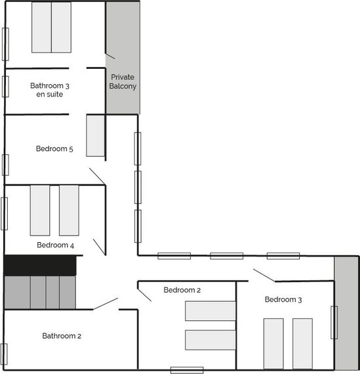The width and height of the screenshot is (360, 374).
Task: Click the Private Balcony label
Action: [123, 81]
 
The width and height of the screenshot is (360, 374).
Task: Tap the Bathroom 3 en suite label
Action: [50, 90]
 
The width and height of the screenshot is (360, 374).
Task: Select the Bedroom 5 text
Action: [54, 149]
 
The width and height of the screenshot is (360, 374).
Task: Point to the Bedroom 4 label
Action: [55, 245]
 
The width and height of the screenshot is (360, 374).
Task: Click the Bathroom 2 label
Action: [62, 336]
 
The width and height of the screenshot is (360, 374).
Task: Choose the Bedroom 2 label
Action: [182, 290]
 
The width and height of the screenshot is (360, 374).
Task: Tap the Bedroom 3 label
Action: [283, 300]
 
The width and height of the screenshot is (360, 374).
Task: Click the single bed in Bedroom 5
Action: [95, 135]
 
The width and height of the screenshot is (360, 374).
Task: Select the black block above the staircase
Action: [40, 265]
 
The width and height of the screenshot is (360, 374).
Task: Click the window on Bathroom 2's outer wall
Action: [4, 354]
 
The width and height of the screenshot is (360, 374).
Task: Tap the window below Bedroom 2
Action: [187, 370]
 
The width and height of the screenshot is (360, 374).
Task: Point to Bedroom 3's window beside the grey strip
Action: [334, 322]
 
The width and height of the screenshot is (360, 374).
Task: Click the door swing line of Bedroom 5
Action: [97, 177]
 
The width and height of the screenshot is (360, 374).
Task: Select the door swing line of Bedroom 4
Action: [99, 247]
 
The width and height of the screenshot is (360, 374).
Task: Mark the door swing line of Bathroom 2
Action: [106, 304]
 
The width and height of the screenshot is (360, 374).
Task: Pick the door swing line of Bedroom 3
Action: [264, 276]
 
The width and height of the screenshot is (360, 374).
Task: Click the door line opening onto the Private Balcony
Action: [110, 56]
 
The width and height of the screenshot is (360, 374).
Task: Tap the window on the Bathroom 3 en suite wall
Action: [5, 87]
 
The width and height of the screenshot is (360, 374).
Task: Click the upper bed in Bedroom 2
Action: [210, 311]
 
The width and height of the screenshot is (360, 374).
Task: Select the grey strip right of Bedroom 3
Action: [346, 313]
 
